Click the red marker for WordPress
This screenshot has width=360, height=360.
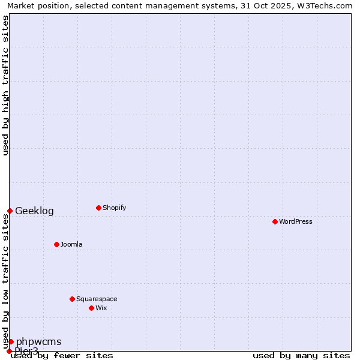coord(275,221)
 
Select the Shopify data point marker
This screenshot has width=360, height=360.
coord(98,208)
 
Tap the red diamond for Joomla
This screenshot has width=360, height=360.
coord(56,244)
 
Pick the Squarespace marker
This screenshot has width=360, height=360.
coord(72,299)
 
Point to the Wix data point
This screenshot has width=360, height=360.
coord(91,308)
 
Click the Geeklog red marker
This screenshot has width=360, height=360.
coord(10,211)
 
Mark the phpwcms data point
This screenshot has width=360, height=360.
coord(11,341)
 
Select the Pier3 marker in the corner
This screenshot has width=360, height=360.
coord(9,351)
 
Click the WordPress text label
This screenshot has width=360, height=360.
coord(296,221)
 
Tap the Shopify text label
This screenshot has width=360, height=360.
coord(114,208)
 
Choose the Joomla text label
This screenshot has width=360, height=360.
coord(71,244)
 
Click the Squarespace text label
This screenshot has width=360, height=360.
coord(97,299)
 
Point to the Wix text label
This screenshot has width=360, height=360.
coord(101,308)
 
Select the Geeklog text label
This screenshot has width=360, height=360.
coord(34,211)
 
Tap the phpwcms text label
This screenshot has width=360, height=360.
coord(38,341)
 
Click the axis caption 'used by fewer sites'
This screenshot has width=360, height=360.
coord(62,355)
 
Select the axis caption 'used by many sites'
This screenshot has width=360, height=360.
coord(301,355)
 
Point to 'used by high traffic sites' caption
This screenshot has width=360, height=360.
coord(5,85)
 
